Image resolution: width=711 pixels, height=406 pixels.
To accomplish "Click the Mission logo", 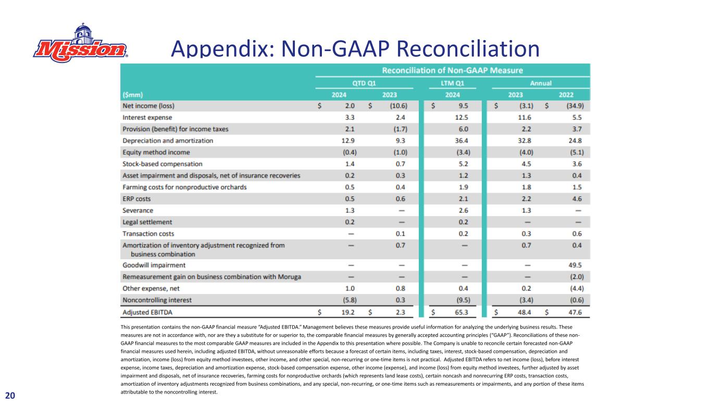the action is click(80, 43).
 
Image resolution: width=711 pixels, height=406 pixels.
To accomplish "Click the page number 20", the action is click(10, 396).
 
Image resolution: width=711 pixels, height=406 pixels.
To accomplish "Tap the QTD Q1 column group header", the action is click(364, 83).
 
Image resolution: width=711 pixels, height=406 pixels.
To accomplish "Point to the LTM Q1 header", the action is click(452, 83).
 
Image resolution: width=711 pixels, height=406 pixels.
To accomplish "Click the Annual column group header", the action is click(541, 83).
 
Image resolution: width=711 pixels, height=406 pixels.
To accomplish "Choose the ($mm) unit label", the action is click(133, 95).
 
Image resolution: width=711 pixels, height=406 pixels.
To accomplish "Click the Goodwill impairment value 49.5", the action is click(575, 265).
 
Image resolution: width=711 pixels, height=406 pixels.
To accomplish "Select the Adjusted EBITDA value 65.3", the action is click(461, 312).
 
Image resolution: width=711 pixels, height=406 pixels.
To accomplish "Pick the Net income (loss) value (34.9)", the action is click(575, 106).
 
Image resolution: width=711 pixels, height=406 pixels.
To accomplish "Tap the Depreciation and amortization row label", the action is click(168, 141).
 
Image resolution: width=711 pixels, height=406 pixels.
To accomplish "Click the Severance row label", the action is click(138, 211).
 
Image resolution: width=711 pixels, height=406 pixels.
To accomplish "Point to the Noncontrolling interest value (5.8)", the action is click(350, 300).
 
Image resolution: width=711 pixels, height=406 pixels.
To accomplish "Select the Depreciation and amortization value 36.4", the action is click(461, 141).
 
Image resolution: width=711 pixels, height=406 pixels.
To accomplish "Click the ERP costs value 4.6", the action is click(577, 199).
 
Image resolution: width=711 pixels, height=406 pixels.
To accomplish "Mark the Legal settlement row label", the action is click(147, 222).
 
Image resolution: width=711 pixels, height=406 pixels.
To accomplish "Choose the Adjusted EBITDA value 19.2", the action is click(348, 312).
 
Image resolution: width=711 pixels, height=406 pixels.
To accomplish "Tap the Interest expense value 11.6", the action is click(525, 117).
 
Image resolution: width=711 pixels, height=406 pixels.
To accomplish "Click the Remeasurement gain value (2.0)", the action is click(577, 276).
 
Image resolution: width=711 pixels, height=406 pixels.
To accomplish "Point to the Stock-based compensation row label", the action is click(163, 164).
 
